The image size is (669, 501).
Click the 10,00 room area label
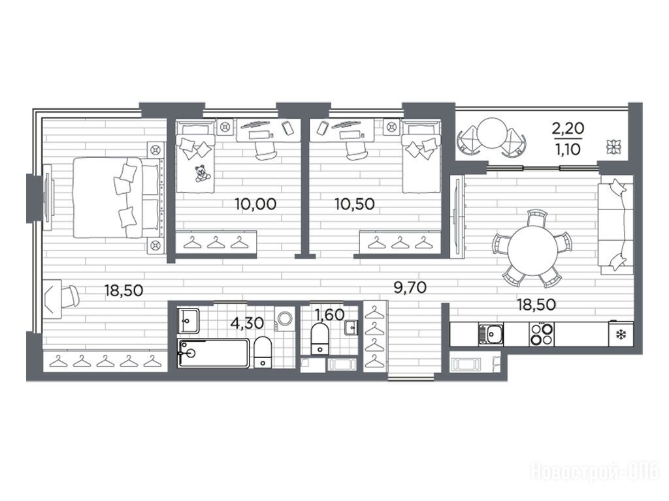click(255, 204)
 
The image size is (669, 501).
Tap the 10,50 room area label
click(355, 204)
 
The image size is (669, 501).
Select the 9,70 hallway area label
click(410, 288)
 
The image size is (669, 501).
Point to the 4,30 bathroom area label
click(246, 323)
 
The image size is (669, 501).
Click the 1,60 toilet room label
click(329, 314)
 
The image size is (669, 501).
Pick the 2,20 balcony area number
click(568, 128)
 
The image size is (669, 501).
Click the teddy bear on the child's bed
click(201, 174)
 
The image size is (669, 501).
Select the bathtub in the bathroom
click(214, 353)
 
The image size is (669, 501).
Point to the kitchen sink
click(491, 334)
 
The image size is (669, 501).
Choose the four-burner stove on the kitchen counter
click(542, 334)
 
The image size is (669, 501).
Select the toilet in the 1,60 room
click(319, 339)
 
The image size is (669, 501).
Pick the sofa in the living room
click(616, 227)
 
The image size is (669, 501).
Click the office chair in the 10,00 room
click(265, 150)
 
